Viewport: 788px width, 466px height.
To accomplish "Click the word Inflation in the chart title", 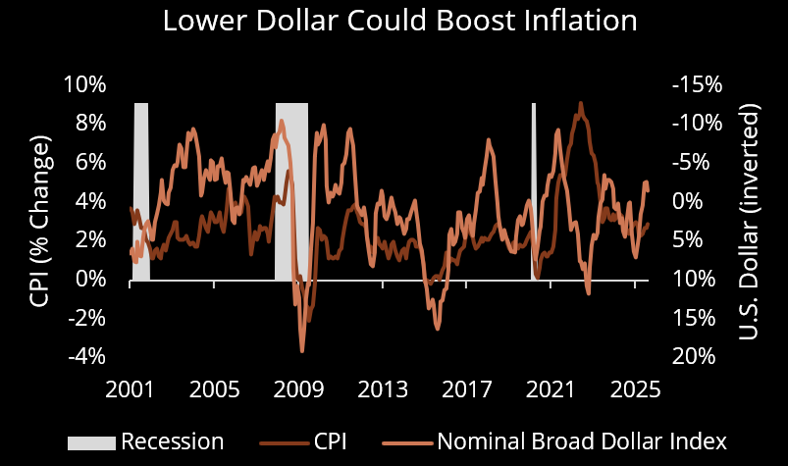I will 565,21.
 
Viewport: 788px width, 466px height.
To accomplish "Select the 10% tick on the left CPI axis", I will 84,84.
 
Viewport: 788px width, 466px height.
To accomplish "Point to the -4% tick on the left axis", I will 84,356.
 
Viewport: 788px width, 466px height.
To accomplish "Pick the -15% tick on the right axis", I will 697,84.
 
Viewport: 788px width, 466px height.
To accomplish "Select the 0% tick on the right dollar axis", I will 703,201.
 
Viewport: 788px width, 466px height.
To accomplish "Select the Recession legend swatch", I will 91,441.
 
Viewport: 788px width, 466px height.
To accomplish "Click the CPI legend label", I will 329,441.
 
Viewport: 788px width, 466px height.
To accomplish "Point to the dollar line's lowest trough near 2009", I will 302,350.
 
